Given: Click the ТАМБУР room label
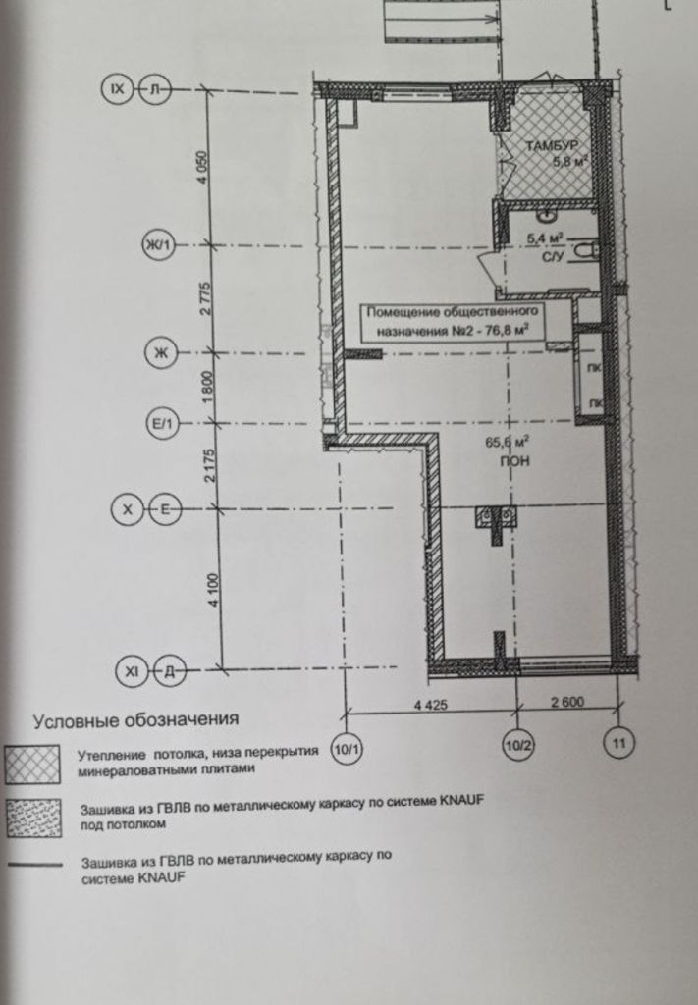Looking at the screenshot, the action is [552, 145].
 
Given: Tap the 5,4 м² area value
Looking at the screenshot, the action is [544, 239].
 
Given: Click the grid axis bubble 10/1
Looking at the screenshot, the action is [347, 748].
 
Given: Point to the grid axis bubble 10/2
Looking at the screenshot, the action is [518, 745].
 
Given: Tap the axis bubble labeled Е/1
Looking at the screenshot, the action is [162, 424].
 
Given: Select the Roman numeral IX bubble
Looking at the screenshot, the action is [117, 89].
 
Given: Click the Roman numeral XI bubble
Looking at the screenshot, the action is [132, 671].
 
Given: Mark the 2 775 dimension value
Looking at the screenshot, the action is [205, 298].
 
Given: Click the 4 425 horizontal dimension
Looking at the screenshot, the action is [431, 705].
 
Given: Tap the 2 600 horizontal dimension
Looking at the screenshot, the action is [567, 702].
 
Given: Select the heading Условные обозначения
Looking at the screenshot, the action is [135, 720].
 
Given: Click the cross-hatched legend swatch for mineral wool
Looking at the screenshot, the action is [32, 764].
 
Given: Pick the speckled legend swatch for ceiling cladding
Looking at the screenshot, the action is [34, 818].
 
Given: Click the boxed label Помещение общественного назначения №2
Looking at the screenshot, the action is [453, 322].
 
